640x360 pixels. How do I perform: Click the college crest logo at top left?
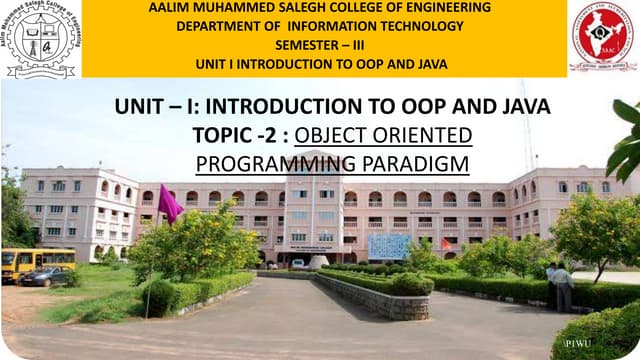[40, 38]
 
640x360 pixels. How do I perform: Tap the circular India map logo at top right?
[602, 38]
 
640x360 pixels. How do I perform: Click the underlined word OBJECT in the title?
[330, 135]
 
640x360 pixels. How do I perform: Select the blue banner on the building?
[389, 246]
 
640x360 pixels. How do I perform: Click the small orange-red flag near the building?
[446, 243]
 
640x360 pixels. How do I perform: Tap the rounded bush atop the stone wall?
[410, 284]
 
